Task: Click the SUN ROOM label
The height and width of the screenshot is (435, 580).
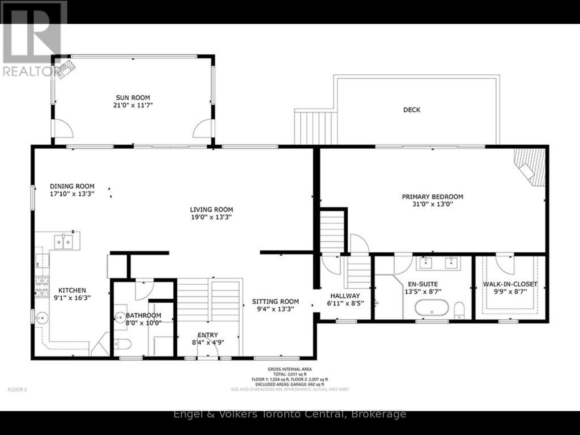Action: [133, 98]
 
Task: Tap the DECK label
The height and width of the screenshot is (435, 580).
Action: [412, 110]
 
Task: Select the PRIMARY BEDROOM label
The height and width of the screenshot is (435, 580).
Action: [432, 197]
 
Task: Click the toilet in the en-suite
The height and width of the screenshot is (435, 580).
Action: [459, 310]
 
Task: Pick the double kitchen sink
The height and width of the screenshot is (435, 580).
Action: [63, 242]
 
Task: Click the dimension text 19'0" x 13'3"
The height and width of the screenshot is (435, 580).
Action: [211, 217]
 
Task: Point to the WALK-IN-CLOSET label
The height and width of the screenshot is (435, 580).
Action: [510, 284]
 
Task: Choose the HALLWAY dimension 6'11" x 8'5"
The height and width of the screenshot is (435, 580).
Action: [345, 304]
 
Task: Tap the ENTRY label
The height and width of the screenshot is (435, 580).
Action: [208, 335]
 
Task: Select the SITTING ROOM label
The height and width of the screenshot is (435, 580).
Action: [275, 301]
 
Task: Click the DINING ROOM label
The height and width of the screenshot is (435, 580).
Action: [72, 186]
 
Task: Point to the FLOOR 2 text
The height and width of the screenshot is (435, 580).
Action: [17, 390]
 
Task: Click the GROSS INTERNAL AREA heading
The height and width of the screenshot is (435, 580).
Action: [290, 369]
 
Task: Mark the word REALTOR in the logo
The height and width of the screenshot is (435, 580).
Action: [28, 71]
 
